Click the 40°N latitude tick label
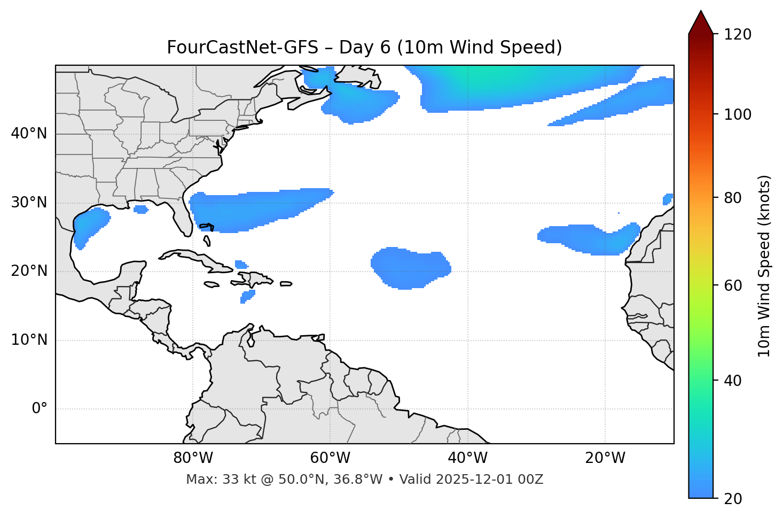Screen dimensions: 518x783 click(29, 134)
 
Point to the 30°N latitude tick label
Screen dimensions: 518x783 click(29, 203)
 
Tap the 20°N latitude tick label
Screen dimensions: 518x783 click(29, 271)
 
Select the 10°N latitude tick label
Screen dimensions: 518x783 click(29, 340)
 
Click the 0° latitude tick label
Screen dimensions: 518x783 click(39, 409)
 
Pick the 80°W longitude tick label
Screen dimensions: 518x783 click(193, 458)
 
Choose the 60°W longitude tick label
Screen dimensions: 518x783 click(330, 458)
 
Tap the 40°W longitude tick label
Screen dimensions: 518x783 click(467, 458)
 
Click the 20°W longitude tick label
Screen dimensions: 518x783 click(605, 458)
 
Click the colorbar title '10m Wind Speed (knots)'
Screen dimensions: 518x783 click(764, 266)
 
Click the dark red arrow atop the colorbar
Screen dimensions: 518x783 click(701, 22)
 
